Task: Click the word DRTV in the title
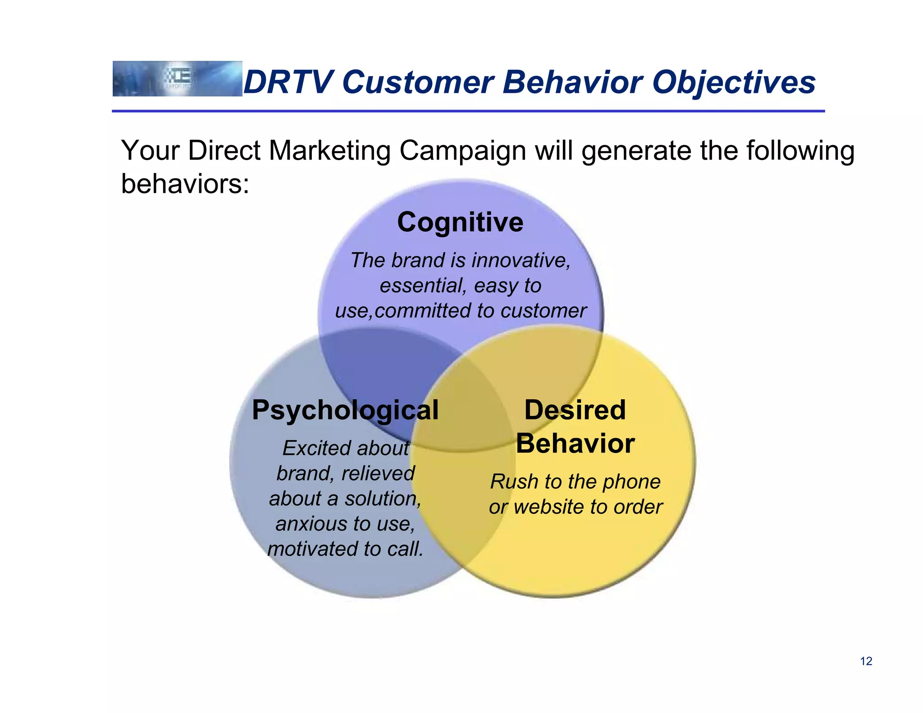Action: coord(288,82)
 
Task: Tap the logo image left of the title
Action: coord(177,78)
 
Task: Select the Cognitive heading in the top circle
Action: coord(460,222)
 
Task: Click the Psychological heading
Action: coord(345,410)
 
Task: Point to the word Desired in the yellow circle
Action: coord(575,410)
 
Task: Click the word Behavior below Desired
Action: coord(575,443)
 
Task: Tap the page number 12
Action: coord(866,661)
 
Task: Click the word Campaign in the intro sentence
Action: coord(462,151)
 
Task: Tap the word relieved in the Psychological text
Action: coord(378,474)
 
